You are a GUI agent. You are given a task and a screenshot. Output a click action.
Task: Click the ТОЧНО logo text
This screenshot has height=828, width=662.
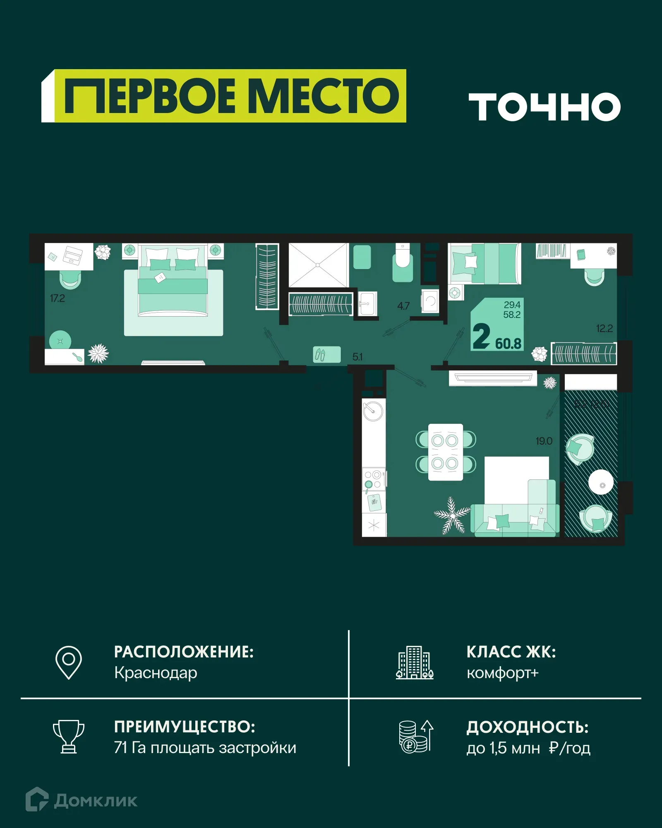click(544, 107)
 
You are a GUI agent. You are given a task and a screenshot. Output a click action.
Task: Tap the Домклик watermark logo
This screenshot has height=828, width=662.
click(82, 800)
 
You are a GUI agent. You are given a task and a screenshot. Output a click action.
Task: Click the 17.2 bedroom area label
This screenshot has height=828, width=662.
click(58, 298)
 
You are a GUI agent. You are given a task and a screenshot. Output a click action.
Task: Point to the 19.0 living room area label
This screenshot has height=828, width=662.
click(544, 441)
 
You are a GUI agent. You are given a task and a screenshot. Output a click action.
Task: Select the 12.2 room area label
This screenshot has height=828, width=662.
click(604, 328)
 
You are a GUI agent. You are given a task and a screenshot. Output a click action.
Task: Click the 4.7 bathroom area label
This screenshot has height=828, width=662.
click(403, 306)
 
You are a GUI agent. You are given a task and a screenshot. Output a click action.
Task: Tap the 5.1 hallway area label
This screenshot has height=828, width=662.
click(357, 356)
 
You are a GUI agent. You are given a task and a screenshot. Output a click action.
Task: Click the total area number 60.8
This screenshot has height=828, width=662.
click(508, 343)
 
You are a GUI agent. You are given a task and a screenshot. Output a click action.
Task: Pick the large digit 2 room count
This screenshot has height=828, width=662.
click(481, 336)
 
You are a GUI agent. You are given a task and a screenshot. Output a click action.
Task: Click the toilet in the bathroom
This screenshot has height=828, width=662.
click(402, 263)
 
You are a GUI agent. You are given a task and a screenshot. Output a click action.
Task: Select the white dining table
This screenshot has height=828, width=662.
click(445, 452)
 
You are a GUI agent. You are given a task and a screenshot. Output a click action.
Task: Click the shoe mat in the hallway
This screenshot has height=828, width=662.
click(326, 354)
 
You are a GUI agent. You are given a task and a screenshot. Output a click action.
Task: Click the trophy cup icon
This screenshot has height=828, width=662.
click(69, 737)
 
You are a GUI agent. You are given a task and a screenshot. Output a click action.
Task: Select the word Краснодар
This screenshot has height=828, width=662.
click(156, 673)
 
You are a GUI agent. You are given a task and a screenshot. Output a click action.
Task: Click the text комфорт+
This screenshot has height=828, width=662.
click(502, 673)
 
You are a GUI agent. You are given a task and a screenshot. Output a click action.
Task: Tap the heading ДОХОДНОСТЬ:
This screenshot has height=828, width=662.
click(527, 727)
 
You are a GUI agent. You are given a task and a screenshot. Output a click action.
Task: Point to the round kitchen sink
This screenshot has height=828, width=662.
click(373, 411)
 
